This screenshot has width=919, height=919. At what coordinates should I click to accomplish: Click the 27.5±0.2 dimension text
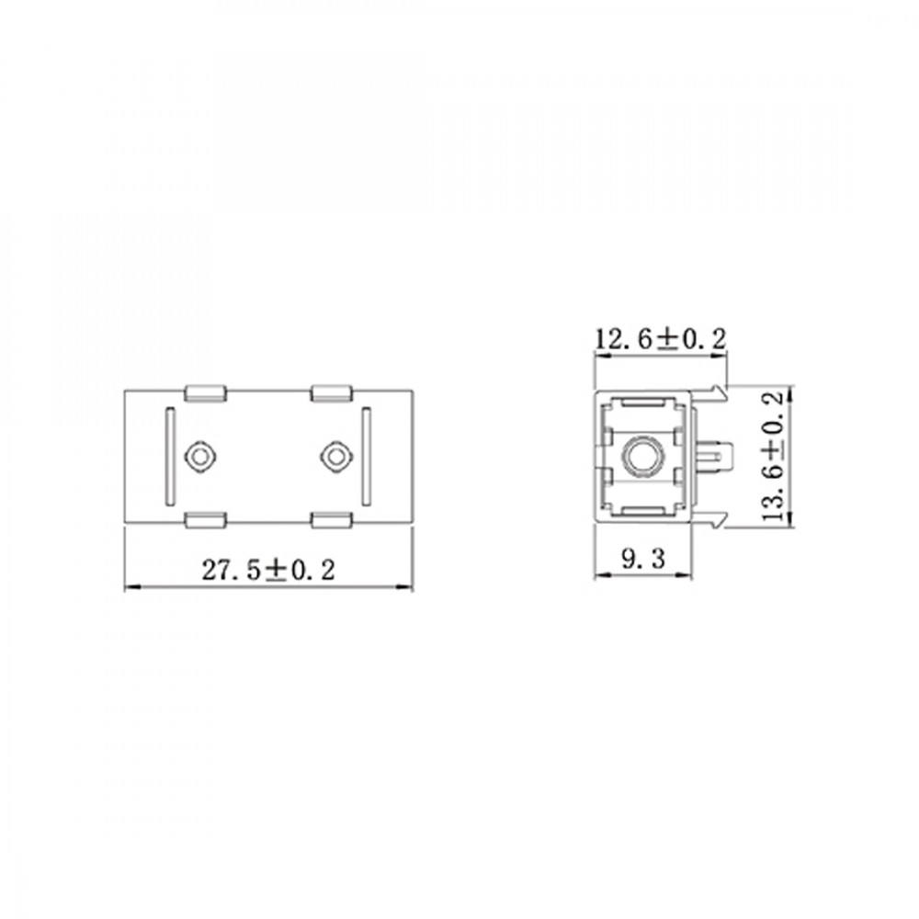click(268, 570)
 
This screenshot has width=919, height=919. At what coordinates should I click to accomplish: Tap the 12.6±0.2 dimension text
click(661, 339)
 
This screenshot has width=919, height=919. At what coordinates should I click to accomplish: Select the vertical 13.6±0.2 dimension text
click(773, 457)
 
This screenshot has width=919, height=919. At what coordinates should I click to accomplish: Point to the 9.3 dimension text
click(643, 559)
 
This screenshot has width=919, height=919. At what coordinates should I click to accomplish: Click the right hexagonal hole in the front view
click(335, 457)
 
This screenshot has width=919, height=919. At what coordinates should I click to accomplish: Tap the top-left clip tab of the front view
click(205, 393)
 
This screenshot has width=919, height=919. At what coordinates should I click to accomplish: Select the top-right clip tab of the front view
click(331, 393)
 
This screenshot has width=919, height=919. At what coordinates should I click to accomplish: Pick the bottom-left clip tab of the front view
click(205, 520)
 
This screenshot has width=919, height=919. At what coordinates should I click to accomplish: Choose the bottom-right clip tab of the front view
click(331, 520)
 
